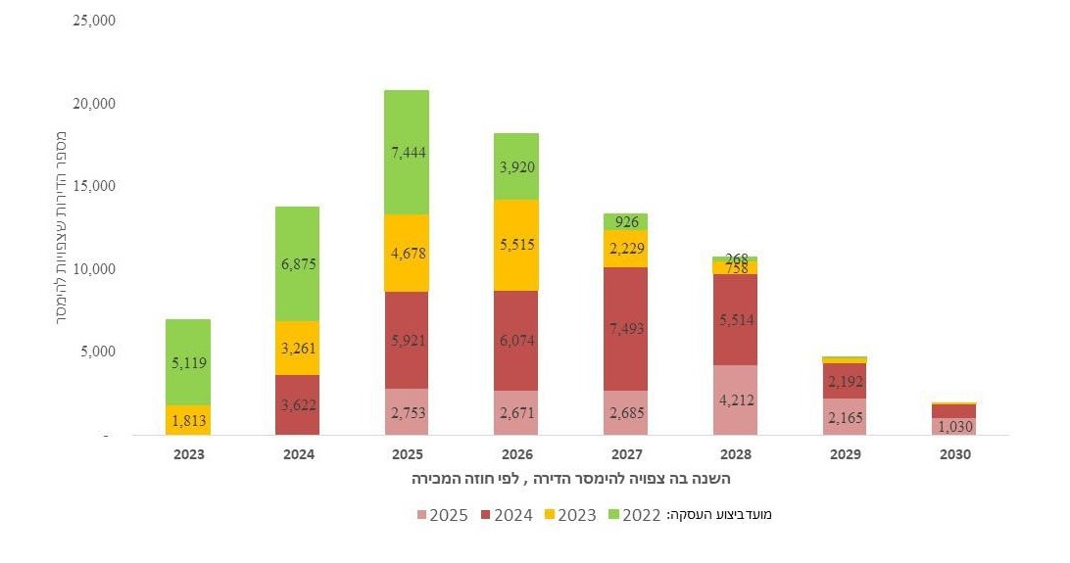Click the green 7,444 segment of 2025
coord(406,153)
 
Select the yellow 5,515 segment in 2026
coord(515,245)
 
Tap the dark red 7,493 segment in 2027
coord(625,328)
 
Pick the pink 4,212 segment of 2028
coord(735,399)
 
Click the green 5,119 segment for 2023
coord(187,361)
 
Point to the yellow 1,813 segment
coord(187,420)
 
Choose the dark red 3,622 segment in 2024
coord(296,404)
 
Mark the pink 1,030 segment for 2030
coord(953,426)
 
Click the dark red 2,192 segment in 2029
coord(844,381)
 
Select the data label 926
coord(625,222)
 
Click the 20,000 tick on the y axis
coord(94,103)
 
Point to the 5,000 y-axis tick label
coord(98,352)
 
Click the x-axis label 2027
coord(625,455)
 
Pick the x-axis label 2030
coord(953,455)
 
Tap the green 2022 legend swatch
coord(614,514)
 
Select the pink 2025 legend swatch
coord(422,514)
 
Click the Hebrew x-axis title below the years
coord(570,480)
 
